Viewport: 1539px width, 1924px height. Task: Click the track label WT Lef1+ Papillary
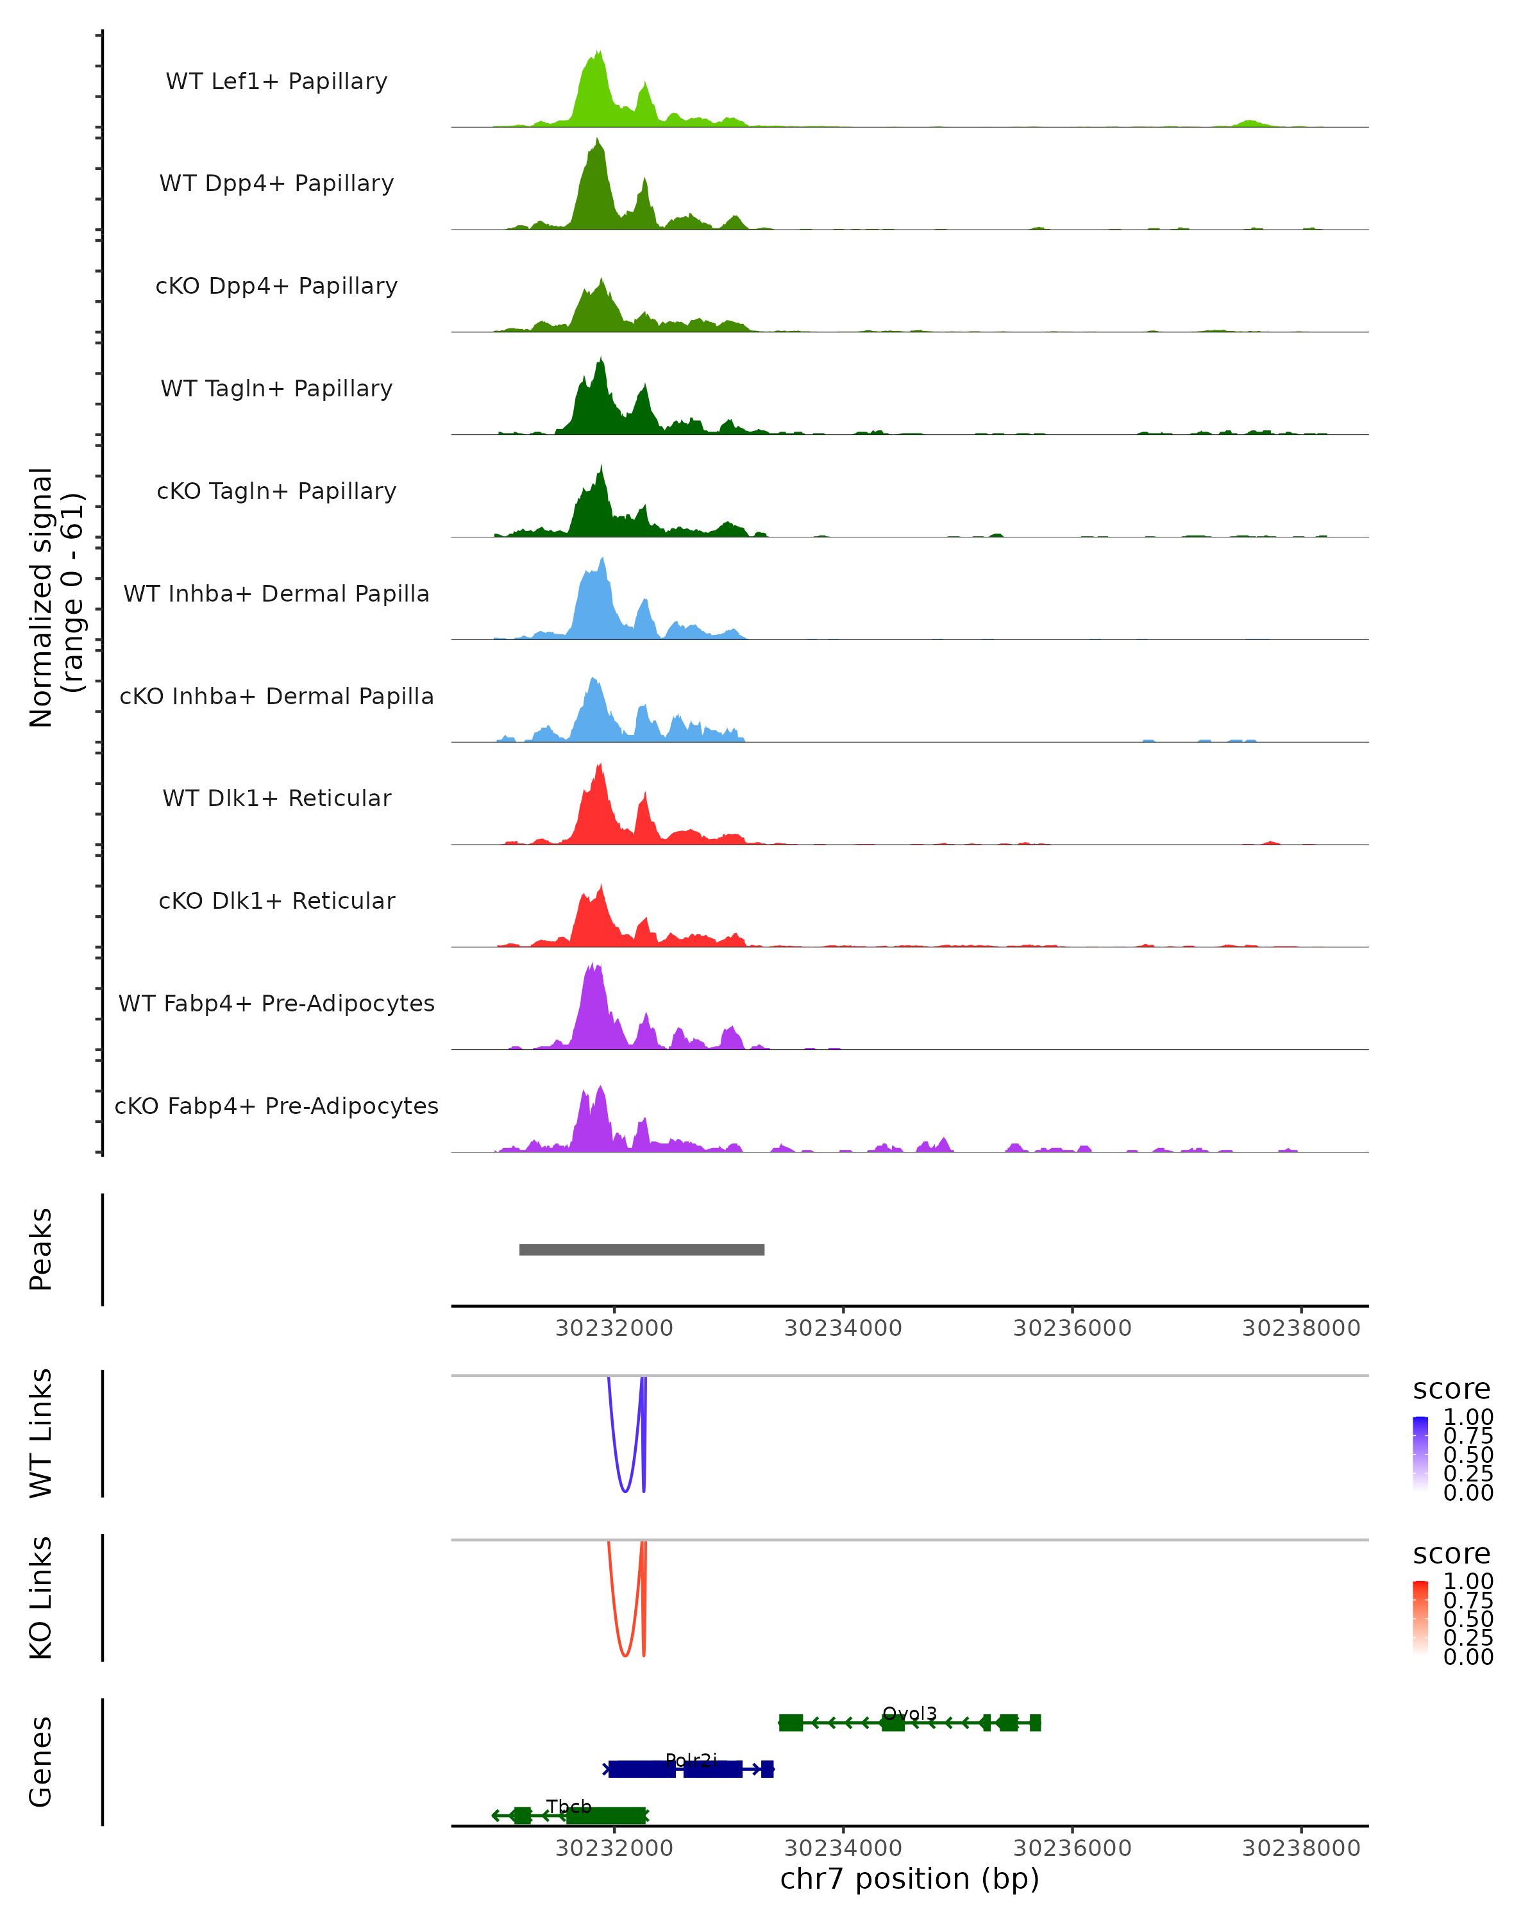(x=276, y=81)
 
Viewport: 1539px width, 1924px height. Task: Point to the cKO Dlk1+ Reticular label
(x=276, y=900)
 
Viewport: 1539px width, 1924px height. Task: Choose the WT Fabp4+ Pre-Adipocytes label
(x=276, y=1003)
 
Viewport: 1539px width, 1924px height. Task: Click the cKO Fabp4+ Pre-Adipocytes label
(x=276, y=1106)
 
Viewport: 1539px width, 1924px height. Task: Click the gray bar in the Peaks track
(x=641, y=1249)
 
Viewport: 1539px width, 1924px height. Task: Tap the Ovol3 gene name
(x=909, y=1714)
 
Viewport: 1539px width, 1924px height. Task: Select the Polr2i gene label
(x=691, y=1760)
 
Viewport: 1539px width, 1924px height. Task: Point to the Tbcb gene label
(x=569, y=1807)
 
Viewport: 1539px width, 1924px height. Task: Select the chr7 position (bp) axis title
(x=909, y=1878)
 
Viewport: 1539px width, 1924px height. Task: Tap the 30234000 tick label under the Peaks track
(x=843, y=1328)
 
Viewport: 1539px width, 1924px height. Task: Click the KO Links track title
(x=41, y=1598)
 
